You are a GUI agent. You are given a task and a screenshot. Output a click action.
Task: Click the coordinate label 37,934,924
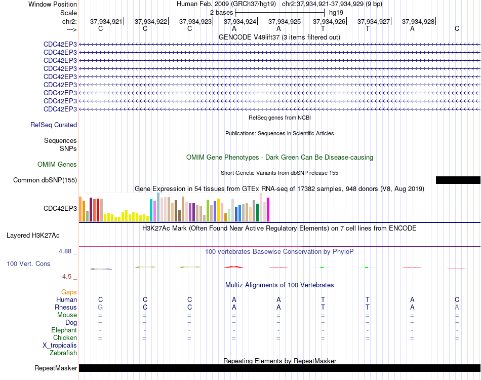click(x=240, y=21)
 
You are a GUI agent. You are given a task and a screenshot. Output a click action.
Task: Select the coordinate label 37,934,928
click(x=418, y=21)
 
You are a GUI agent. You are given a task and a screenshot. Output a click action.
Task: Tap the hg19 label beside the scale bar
click(x=336, y=13)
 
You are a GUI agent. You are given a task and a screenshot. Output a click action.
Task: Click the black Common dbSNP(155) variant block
click(x=458, y=180)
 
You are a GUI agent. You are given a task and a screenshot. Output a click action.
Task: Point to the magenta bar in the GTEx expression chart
click(x=268, y=209)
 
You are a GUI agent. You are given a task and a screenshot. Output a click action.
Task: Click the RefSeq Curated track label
click(x=54, y=125)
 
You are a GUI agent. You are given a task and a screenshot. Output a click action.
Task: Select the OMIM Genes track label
click(x=57, y=165)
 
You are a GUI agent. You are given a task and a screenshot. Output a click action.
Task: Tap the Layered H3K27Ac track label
click(x=33, y=236)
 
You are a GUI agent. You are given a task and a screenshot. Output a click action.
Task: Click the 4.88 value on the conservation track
click(x=65, y=251)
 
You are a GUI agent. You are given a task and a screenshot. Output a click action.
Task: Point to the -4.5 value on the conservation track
click(x=66, y=277)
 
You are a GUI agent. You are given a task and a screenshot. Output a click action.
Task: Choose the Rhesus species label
click(x=66, y=307)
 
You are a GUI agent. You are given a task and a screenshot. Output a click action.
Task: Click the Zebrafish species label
click(x=63, y=353)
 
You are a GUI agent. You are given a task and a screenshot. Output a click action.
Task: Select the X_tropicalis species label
click(x=60, y=346)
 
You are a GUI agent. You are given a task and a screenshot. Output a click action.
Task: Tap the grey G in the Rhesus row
click(x=100, y=307)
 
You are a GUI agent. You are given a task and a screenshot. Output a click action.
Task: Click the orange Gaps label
click(x=69, y=292)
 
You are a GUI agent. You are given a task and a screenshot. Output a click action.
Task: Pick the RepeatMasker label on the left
click(x=56, y=368)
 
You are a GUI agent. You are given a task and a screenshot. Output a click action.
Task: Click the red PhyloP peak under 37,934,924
click(x=234, y=267)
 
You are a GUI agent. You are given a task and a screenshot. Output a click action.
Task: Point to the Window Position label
click(x=53, y=4)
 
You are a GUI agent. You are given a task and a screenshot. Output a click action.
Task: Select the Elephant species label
click(x=64, y=330)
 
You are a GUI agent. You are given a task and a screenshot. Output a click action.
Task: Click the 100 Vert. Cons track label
click(x=28, y=263)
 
